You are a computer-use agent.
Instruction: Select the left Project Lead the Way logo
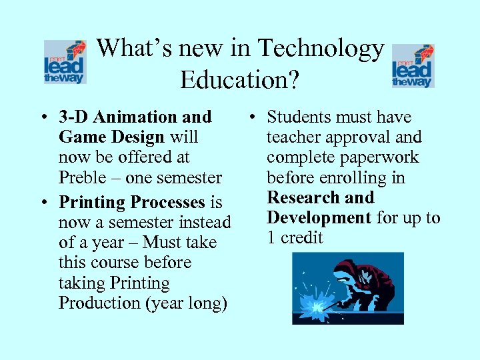click(65, 61)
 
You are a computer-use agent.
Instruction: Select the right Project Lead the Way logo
click(413, 65)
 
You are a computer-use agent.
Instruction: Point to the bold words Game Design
click(111, 137)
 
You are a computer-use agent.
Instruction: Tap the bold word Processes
click(167, 202)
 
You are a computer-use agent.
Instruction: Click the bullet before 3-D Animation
click(42, 118)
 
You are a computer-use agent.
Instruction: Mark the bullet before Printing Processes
click(42, 203)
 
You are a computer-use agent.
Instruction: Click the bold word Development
click(319, 218)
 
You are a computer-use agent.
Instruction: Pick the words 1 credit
click(295, 238)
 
